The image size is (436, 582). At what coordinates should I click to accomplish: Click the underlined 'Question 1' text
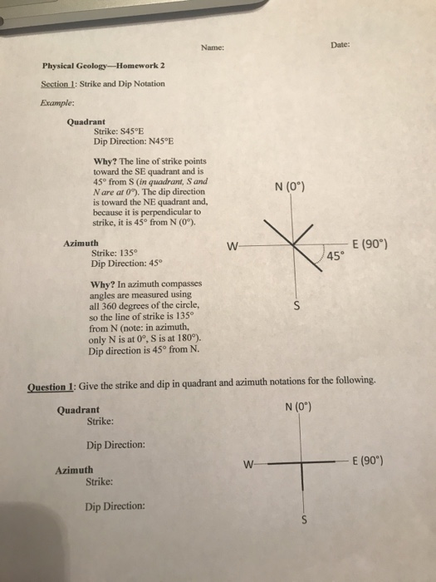[x=51, y=386]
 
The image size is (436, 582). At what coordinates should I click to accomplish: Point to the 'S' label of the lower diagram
[x=304, y=522]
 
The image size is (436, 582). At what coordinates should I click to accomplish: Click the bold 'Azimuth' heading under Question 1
[x=73, y=470]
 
